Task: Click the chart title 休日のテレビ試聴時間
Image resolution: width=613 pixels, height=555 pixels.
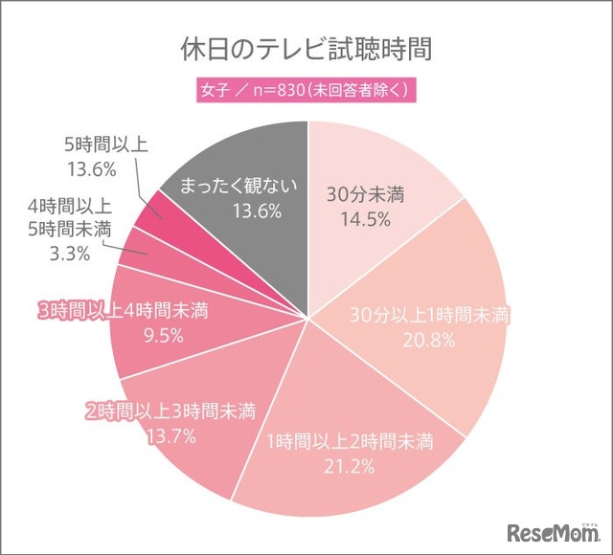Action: click(306, 48)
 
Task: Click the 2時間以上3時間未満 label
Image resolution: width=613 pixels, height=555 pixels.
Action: click(168, 411)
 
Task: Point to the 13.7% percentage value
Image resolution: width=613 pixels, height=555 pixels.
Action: click(168, 436)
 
